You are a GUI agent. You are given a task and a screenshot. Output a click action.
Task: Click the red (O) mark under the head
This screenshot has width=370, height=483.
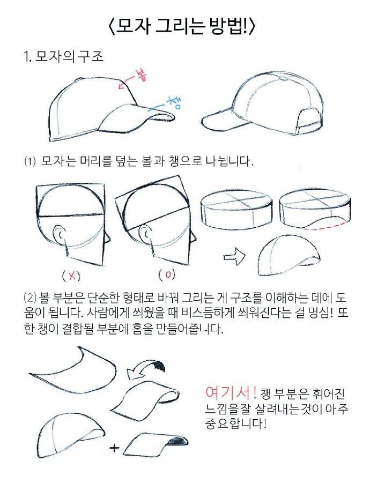point(167,276)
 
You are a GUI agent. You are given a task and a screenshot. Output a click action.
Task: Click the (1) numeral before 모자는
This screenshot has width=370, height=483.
point(29,161)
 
